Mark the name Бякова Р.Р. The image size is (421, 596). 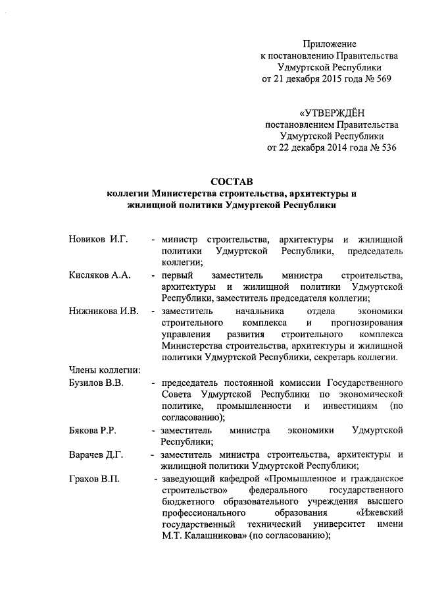pyautogui.click(x=93, y=430)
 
